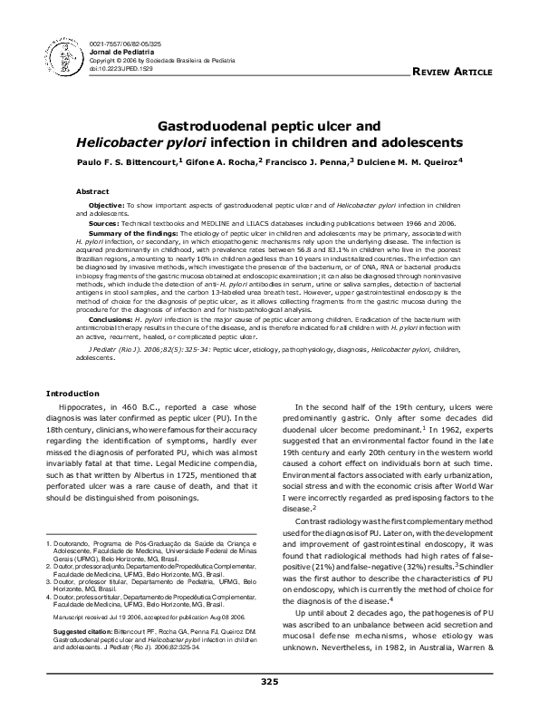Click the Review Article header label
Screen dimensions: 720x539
pos(452,71)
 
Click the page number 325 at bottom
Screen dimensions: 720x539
pos(269,681)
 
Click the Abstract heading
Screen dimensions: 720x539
pos(91,192)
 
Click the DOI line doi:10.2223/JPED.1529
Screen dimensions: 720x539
pos(120,68)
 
